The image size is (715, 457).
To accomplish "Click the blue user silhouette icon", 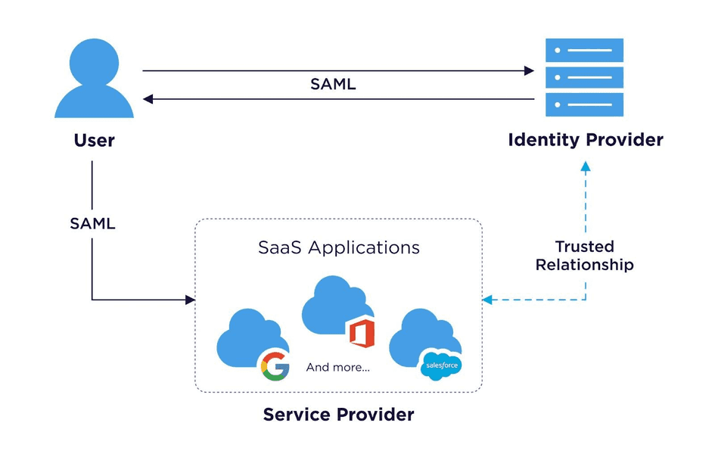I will click(94, 79).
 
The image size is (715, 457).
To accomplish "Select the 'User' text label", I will click(94, 141).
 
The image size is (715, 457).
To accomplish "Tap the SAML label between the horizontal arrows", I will click(333, 85).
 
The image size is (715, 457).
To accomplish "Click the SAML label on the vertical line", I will click(92, 224).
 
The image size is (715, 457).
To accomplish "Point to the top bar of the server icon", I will click(584, 50).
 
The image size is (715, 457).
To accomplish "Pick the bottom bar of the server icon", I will click(584, 104).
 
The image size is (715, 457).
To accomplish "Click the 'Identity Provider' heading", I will click(585, 140).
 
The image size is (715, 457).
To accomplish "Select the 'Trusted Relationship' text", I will click(584, 256).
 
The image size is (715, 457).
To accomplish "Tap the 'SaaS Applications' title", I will click(338, 247).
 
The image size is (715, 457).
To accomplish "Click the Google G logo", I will click(275, 366).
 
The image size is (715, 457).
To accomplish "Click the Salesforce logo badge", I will click(440, 365).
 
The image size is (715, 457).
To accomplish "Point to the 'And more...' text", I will click(337, 368).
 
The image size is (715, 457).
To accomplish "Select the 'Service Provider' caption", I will click(338, 415).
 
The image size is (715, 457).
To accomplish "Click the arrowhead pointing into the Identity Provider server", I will click(530, 71).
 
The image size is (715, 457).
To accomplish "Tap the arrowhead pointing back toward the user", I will click(148, 99).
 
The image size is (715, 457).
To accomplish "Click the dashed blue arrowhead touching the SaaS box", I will click(488, 300).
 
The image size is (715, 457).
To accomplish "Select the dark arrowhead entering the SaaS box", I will click(191, 300).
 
